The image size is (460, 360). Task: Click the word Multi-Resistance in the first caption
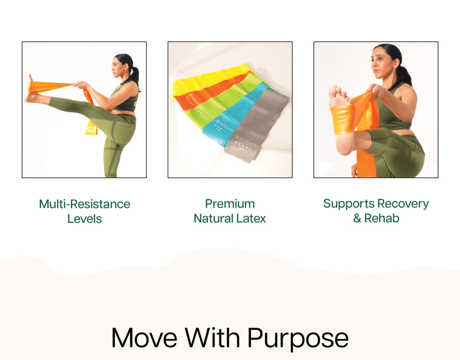click(x=84, y=204)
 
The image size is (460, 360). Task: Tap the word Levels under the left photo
click(x=84, y=219)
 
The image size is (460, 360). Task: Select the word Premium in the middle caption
click(x=230, y=204)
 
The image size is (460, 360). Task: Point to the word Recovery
click(x=403, y=204)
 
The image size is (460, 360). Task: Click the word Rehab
click(x=382, y=218)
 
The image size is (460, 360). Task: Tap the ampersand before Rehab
click(x=357, y=218)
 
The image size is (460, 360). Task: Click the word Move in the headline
click(x=144, y=338)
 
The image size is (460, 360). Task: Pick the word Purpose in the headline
click(x=298, y=339)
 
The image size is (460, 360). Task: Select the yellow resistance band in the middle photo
click(x=211, y=79)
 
